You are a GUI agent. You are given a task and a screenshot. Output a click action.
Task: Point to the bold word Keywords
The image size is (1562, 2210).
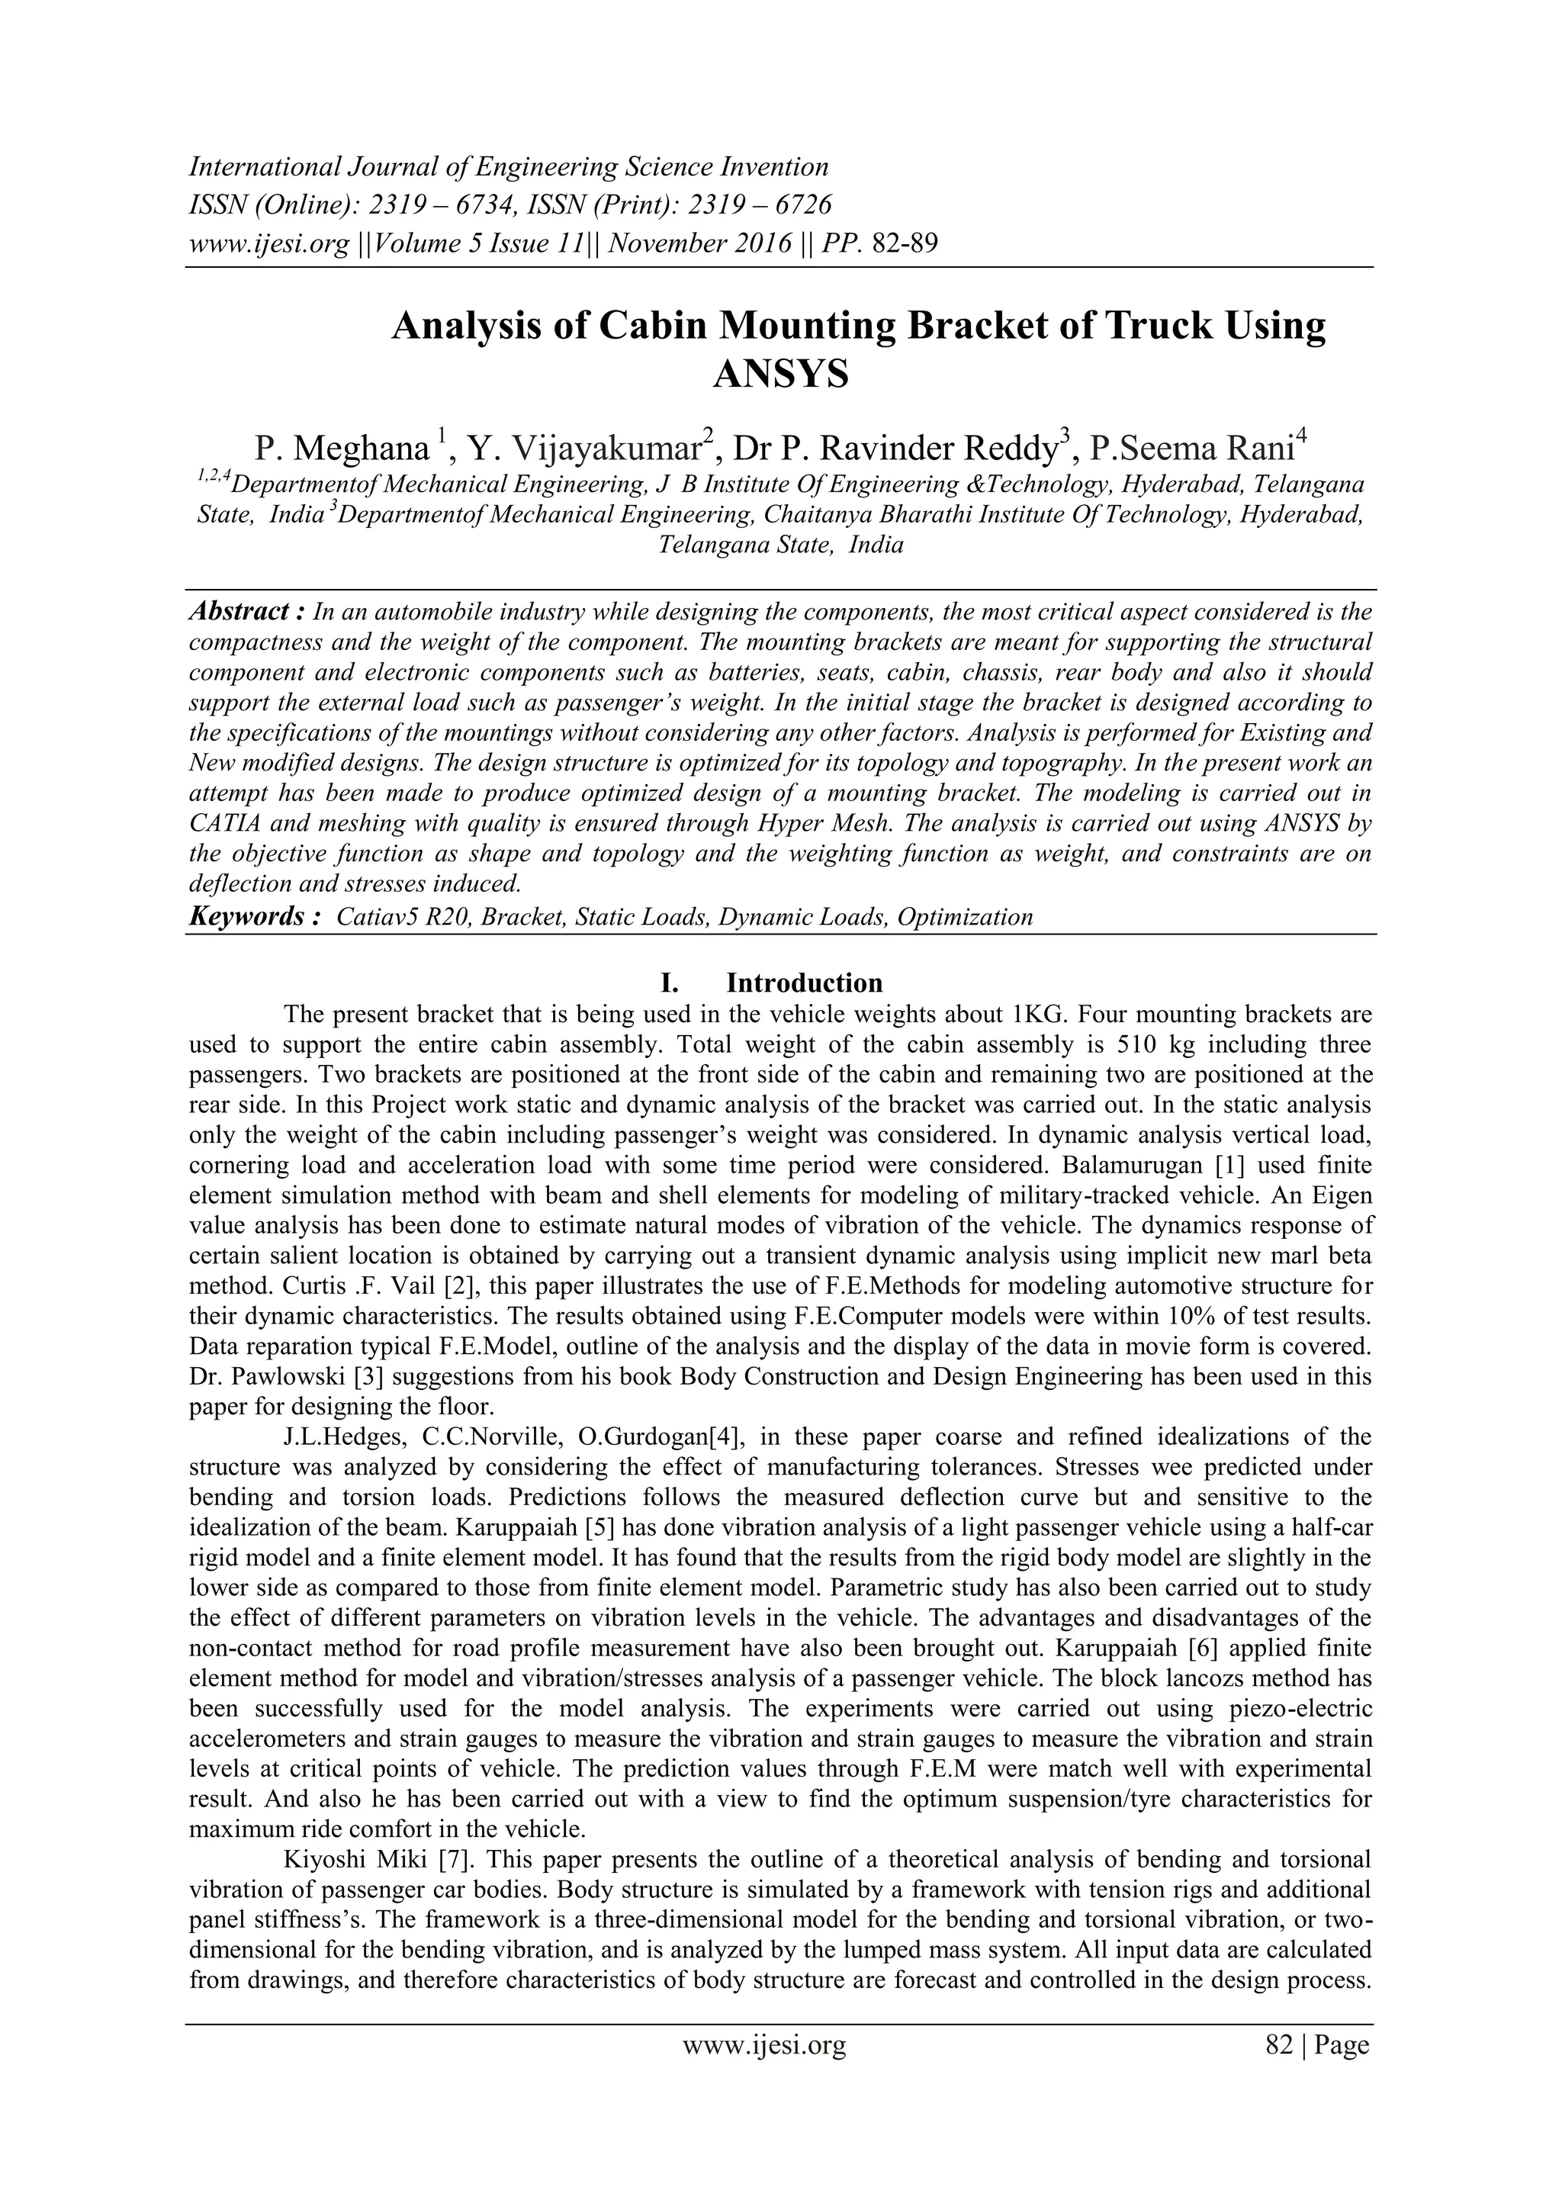(x=253, y=916)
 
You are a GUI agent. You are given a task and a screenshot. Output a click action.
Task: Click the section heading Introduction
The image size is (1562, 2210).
(x=804, y=983)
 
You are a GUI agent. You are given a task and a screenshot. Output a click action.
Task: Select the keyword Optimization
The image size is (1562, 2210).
(x=964, y=917)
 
